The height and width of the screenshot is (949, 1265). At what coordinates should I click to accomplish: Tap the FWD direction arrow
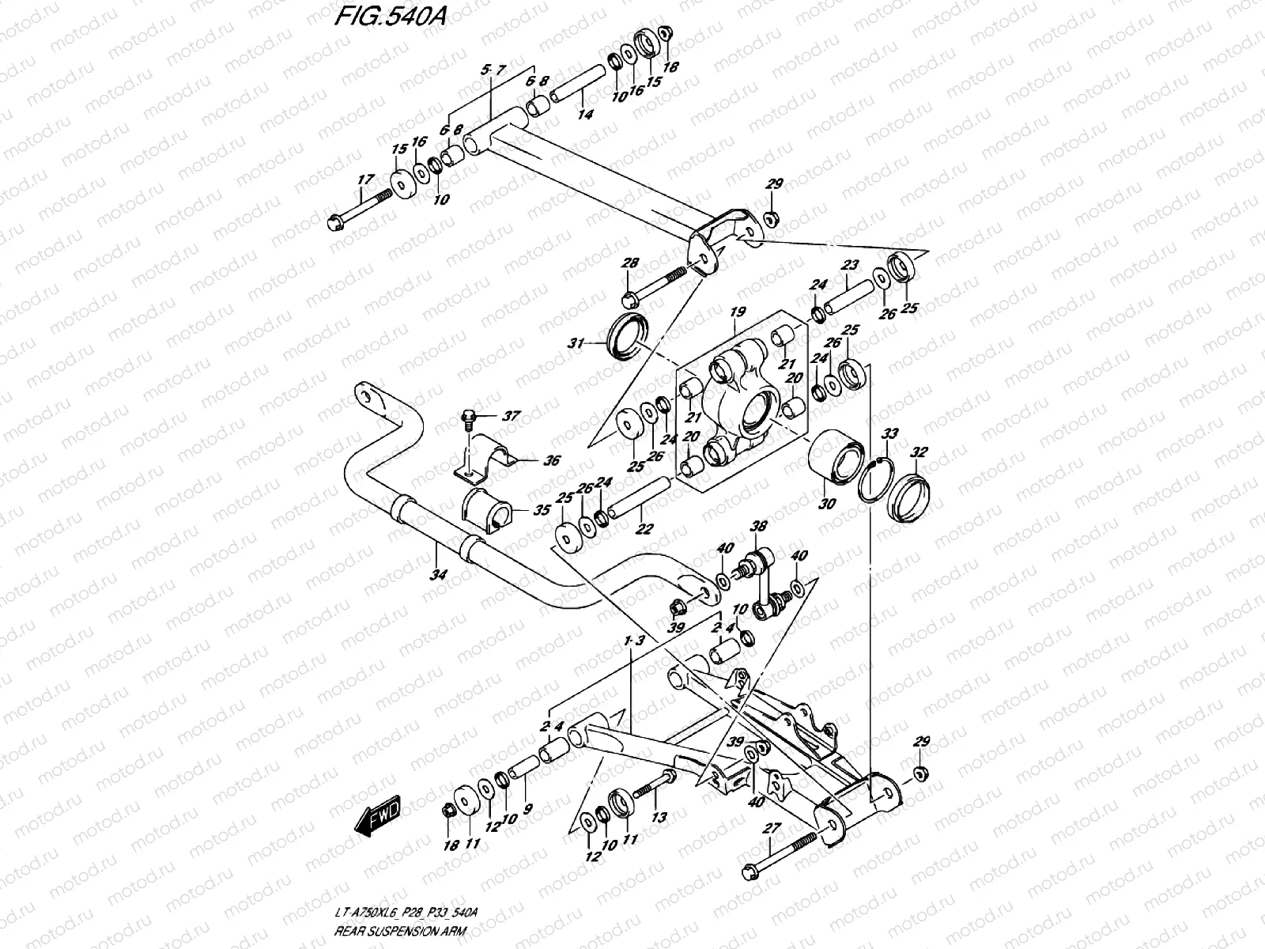click(x=378, y=816)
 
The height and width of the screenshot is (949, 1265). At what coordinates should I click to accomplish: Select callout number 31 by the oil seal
click(x=576, y=343)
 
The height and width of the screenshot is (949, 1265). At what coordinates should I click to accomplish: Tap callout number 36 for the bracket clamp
click(x=550, y=461)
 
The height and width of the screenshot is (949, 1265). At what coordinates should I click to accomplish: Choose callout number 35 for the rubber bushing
click(x=541, y=510)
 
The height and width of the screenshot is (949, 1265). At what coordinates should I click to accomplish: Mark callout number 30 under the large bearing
click(x=828, y=504)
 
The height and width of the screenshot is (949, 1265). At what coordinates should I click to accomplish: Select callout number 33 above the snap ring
click(x=890, y=434)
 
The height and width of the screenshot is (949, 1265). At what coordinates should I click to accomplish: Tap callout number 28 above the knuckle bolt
click(x=629, y=263)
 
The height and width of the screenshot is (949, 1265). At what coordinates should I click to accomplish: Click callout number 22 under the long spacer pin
click(x=644, y=529)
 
